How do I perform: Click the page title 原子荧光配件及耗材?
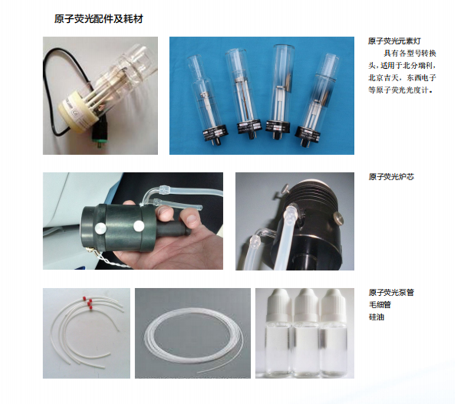99,19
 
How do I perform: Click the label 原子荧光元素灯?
394,41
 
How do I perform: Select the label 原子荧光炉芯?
391,176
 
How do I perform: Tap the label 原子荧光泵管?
391,292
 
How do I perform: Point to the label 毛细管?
380,305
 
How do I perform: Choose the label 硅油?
376,317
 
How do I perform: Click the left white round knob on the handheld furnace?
100,229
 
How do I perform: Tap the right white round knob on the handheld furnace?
138,226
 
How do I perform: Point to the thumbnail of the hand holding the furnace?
133,221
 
